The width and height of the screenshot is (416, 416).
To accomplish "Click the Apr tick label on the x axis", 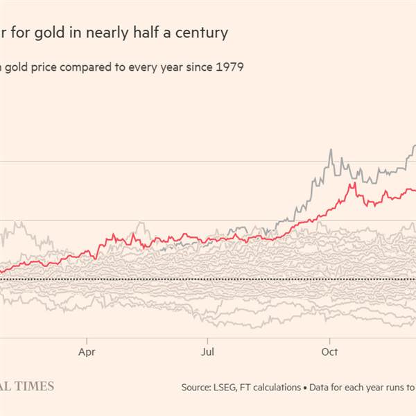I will pyautogui.click(x=87, y=352).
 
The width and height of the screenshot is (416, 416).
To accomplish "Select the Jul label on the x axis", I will pyautogui.click(x=207, y=352).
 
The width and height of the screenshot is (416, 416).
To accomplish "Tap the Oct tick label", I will pyautogui.click(x=329, y=352).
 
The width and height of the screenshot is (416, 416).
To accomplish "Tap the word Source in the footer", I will pyautogui.click(x=197, y=387).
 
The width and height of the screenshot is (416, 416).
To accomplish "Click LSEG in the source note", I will pyautogui.click(x=231, y=387).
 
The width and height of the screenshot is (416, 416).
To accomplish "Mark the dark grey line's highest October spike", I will pyautogui.click(x=331, y=150).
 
